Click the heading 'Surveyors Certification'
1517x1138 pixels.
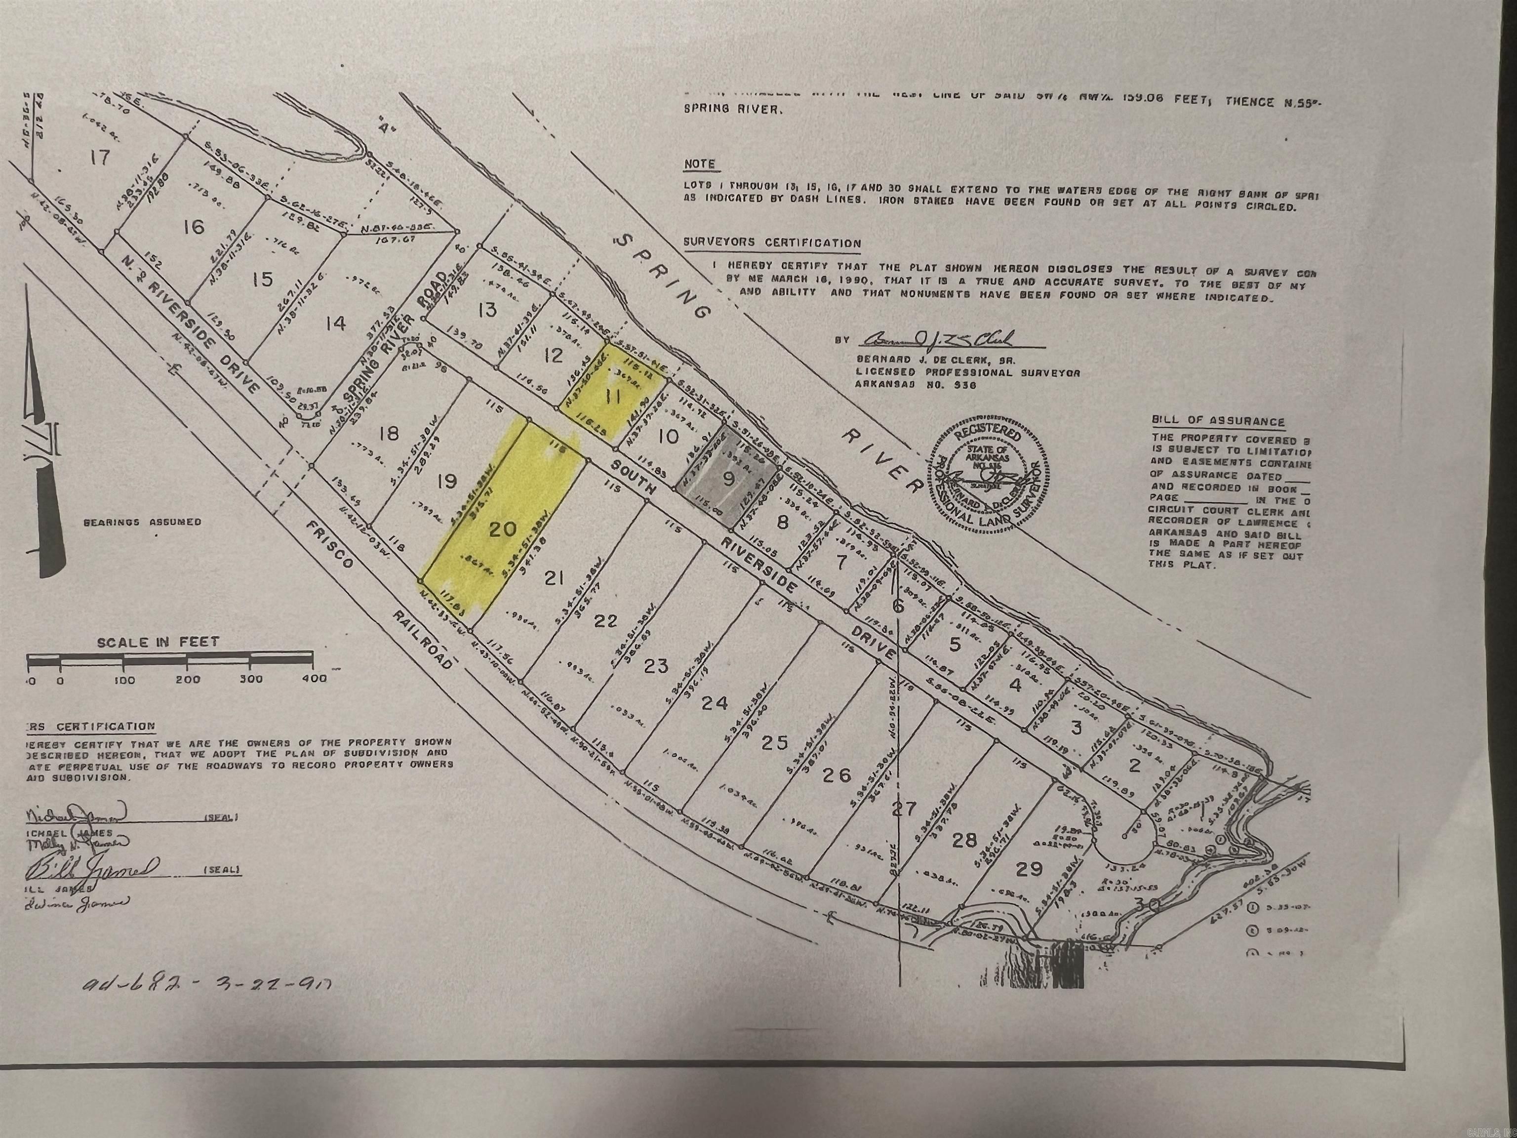pos(771,243)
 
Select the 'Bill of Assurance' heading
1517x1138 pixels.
pos(1218,421)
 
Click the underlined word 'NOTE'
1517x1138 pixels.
pos(699,164)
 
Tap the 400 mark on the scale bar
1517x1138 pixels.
pos(314,679)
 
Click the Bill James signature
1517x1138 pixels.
pos(92,869)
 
